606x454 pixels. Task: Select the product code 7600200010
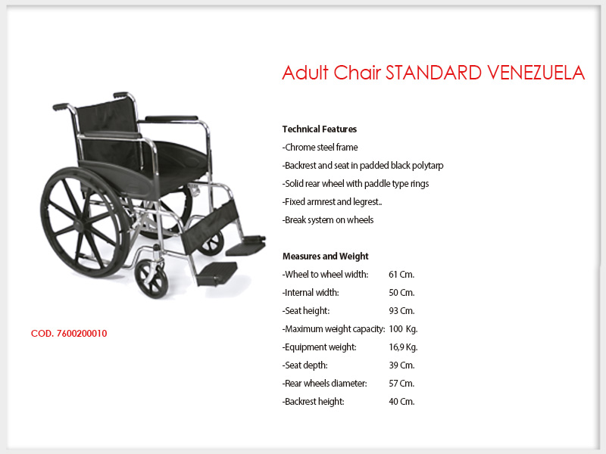(x=82, y=334)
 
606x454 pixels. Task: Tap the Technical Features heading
(x=319, y=129)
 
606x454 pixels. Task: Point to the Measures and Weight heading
(x=326, y=256)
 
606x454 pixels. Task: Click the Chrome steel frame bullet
(x=320, y=147)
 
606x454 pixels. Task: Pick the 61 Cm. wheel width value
(x=401, y=275)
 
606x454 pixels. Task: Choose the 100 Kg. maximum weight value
(x=403, y=329)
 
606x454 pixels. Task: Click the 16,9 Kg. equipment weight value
(x=403, y=347)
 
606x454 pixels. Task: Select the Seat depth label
(x=305, y=365)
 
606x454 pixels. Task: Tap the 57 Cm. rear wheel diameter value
(x=401, y=384)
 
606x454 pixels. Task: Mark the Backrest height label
(x=313, y=402)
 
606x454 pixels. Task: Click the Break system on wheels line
(x=328, y=220)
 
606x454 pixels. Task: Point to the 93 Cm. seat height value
(x=401, y=311)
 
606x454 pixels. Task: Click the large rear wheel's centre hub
(x=80, y=224)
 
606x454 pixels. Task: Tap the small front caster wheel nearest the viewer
(x=151, y=278)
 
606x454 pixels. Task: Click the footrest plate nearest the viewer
(x=217, y=272)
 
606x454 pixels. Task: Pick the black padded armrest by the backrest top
(x=171, y=119)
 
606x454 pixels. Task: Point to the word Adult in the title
(x=305, y=73)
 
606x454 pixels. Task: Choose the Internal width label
(x=311, y=293)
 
